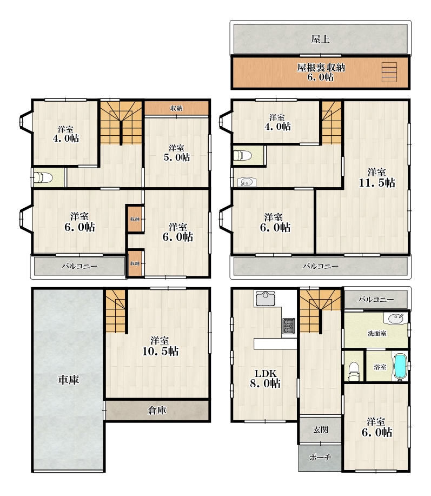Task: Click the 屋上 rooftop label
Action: pos(320,39)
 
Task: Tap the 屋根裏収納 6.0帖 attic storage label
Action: pos(321,72)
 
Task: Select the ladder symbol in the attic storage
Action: pos(389,72)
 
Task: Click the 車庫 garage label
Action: pos(68,380)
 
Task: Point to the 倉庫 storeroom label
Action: pos(157,411)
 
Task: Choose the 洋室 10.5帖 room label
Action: pos(160,346)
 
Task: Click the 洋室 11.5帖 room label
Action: pos(376,177)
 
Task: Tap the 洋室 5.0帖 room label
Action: pos(177,153)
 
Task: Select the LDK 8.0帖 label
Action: pos(266,378)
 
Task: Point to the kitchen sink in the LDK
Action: pos(266,298)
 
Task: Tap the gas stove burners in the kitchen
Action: pos(288,326)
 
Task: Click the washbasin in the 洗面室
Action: pos(396,318)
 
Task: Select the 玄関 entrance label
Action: pos(321,429)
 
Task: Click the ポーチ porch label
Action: pos(320,457)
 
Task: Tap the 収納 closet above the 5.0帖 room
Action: pos(176,108)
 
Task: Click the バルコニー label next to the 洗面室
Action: pos(376,299)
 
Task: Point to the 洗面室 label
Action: pos(377,333)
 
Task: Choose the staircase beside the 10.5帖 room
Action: pos(115,311)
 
